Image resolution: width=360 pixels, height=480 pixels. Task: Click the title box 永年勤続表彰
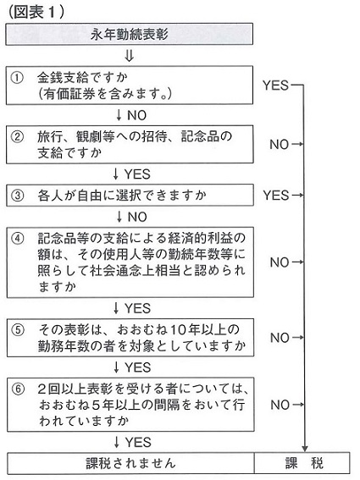click(x=129, y=34)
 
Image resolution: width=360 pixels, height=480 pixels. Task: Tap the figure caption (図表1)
click(x=36, y=12)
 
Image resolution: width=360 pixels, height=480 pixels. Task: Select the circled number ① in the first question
click(x=17, y=77)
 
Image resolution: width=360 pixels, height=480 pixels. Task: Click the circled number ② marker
click(x=17, y=136)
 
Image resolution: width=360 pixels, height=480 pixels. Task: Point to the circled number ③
click(x=18, y=195)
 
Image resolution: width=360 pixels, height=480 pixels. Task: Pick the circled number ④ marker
click(x=18, y=238)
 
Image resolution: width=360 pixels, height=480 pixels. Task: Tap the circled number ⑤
click(x=18, y=329)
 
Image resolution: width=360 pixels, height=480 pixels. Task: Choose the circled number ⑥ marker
click(x=19, y=389)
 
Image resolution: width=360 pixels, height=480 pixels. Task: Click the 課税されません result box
click(x=130, y=463)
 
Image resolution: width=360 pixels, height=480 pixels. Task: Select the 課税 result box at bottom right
click(x=302, y=463)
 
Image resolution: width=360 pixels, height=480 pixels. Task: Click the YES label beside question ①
click(x=276, y=86)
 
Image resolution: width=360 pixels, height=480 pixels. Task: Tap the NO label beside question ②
click(x=280, y=144)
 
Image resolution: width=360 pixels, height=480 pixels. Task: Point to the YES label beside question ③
click(x=276, y=195)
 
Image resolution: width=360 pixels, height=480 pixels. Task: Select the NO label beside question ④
click(x=280, y=262)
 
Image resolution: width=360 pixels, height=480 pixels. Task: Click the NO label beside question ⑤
click(x=280, y=338)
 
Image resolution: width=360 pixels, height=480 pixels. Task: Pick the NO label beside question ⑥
click(x=280, y=405)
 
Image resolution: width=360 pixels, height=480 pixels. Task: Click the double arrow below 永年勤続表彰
click(x=130, y=56)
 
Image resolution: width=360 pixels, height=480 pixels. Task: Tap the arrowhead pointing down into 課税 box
click(x=304, y=448)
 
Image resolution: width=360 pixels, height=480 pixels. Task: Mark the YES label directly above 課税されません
click(x=138, y=443)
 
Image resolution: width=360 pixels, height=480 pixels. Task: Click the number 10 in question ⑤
click(x=178, y=329)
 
